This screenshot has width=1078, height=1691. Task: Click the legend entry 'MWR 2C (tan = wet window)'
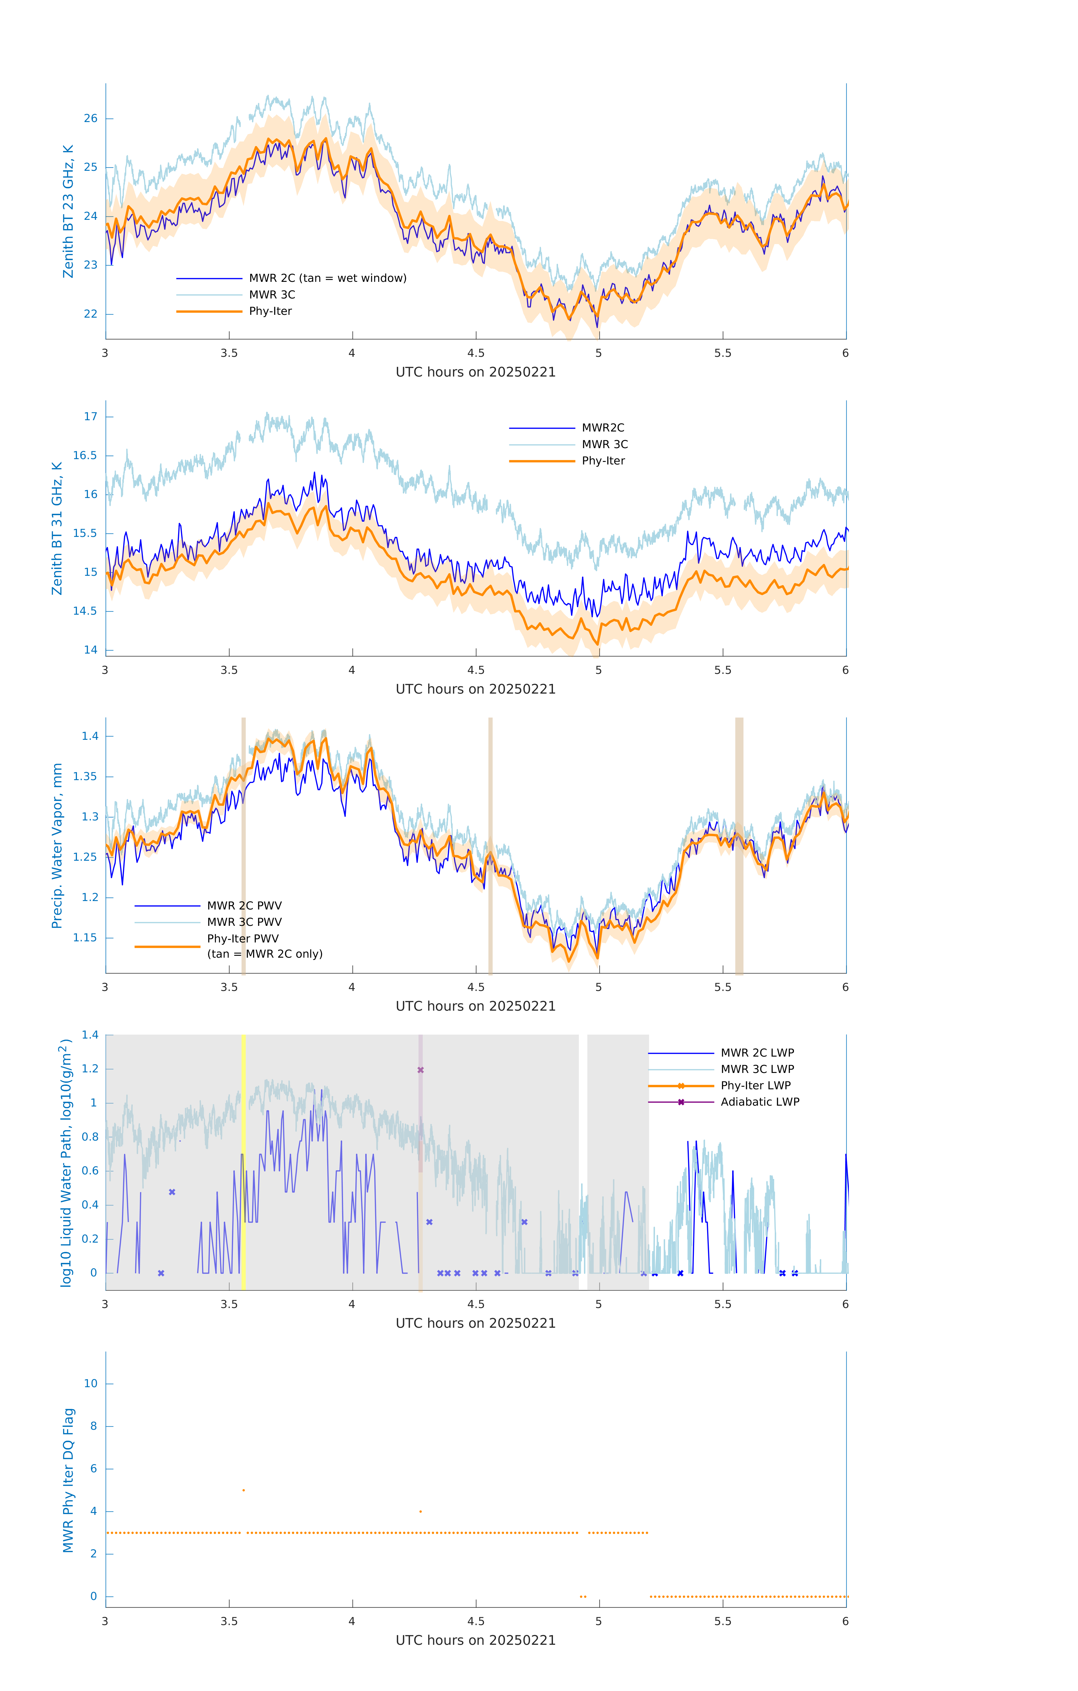(x=327, y=278)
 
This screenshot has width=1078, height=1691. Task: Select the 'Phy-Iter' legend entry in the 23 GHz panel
(x=270, y=311)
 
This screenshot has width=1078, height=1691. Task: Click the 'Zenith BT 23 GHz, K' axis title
(x=68, y=211)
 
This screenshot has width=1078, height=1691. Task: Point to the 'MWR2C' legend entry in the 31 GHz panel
(x=603, y=428)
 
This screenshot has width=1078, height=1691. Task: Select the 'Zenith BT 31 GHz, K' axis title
(x=57, y=528)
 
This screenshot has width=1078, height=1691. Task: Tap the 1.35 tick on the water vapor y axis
(x=85, y=777)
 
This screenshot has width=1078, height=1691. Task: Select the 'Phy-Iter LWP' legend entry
(x=756, y=1086)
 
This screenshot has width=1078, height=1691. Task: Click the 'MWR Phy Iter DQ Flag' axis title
(x=68, y=1480)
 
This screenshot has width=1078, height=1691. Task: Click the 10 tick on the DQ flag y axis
(x=90, y=1384)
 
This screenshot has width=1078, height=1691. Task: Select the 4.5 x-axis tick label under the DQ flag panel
(x=475, y=1621)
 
